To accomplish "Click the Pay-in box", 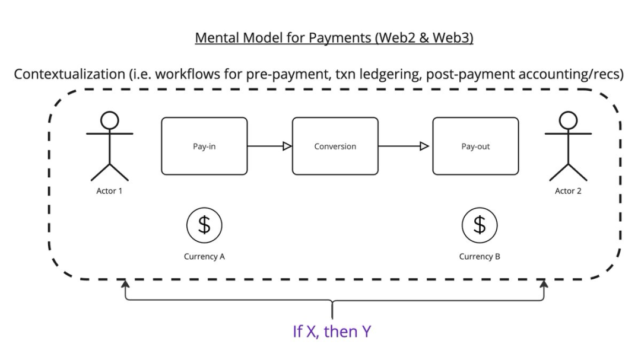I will coord(204,146).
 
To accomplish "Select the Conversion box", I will coord(335,146).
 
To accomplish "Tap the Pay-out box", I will coord(475,146).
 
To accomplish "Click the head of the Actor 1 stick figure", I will coord(109,120).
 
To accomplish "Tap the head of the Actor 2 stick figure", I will coord(569,120).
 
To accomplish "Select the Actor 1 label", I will coord(109,191).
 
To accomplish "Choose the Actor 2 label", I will coord(568,191).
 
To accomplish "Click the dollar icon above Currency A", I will coord(204,225).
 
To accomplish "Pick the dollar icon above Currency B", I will coord(480,225).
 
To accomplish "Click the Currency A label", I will coord(204,257).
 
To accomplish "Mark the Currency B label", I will coord(480,257).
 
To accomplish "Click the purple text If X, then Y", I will coord(332,331).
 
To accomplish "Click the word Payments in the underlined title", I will coord(339,39).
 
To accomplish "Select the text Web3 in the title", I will coord(453,39).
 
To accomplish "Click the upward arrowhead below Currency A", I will coord(125,285).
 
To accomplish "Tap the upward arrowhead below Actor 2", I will coord(543,285).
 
